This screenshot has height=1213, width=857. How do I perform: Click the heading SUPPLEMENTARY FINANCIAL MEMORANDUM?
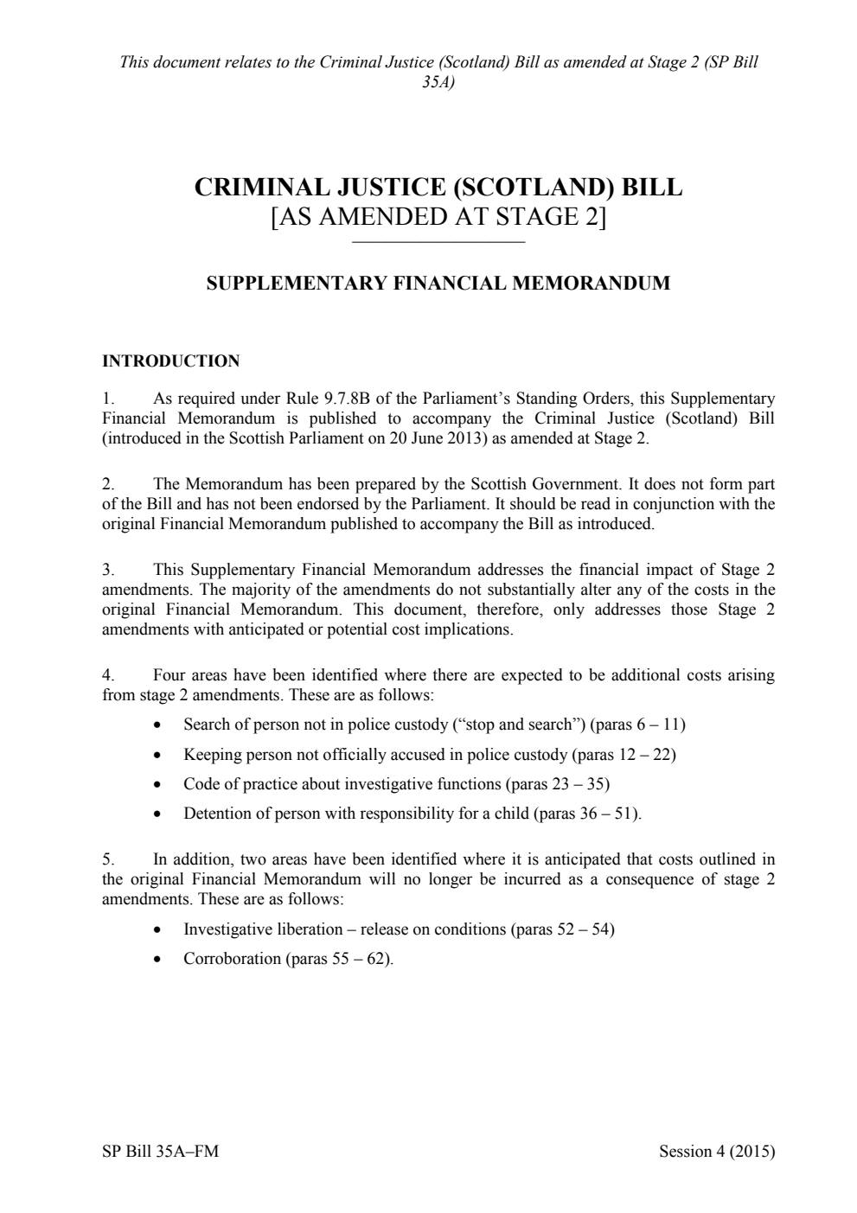(x=438, y=283)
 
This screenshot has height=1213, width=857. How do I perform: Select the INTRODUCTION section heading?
(x=170, y=361)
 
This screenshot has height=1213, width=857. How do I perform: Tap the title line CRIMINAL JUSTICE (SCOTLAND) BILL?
(x=438, y=188)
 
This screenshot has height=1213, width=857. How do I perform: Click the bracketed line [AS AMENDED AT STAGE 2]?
(x=438, y=216)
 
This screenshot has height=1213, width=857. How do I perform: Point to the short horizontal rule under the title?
(x=438, y=242)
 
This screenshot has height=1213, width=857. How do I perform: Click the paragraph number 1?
(x=107, y=399)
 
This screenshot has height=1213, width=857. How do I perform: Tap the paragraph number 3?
(x=107, y=570)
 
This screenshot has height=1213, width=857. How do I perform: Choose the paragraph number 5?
(x=107, y=859)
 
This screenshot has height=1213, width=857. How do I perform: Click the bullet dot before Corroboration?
(x=156, y=960)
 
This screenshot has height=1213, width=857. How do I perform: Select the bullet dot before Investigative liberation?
(x=156, y=930)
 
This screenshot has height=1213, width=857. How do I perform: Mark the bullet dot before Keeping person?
(x=156, y=756)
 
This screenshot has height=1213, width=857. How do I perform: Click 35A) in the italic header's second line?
(x=438, y=82)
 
